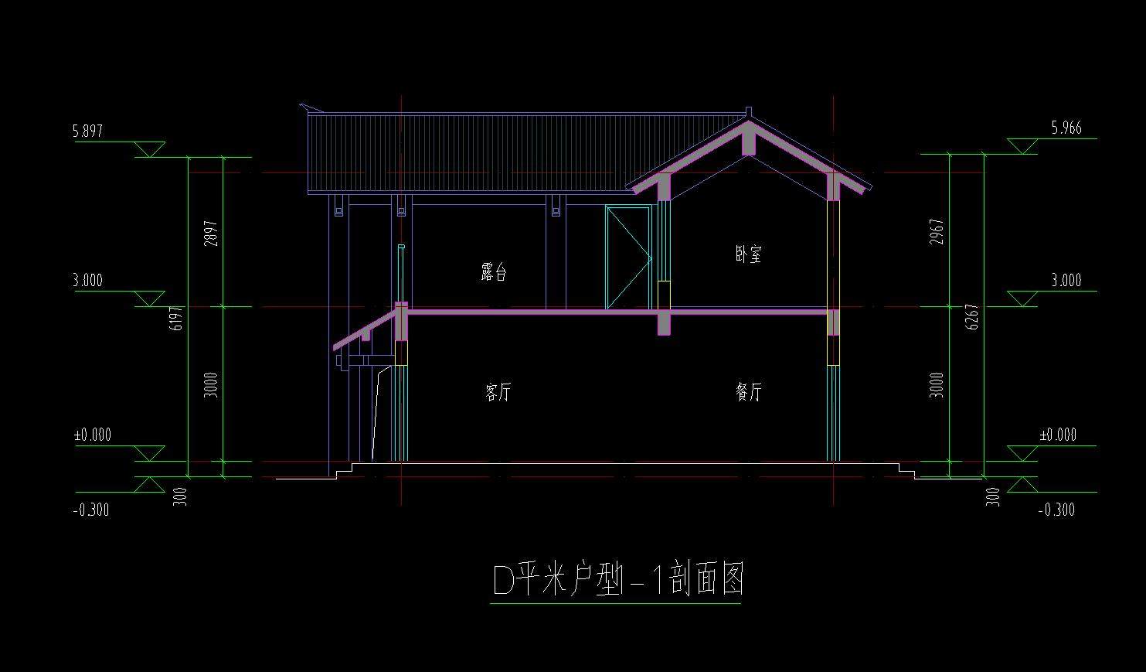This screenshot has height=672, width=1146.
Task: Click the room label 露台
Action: [x=494, y=271]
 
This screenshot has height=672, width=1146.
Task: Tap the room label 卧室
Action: [x=749, y=254]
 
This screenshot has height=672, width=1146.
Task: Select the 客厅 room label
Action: [x=498, y=392]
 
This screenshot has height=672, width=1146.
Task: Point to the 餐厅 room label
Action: [x=749, y=392]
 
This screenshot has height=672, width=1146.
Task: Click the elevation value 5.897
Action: [x=87, y=131]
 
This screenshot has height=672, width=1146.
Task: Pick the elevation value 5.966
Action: [x=1066, y=128]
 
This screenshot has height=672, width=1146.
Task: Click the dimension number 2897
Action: [x=211, y=234]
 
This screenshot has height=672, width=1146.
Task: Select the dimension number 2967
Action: [x=937, y=232]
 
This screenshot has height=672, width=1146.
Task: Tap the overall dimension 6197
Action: [x=175, y=319]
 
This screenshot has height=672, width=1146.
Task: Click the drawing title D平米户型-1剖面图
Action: [x=618, y=579]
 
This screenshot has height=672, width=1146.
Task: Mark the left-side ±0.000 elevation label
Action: [x=93, y=435]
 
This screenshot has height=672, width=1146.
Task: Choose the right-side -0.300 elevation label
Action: [x=1057, y=510]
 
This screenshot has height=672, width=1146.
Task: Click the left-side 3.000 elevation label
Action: [x=87, y=281]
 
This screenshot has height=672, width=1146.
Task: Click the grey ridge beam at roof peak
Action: [x=749, y=138]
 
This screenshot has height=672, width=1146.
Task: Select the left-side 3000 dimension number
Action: [x=211, y=385]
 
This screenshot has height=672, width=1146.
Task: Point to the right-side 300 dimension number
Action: [x=992, y=496]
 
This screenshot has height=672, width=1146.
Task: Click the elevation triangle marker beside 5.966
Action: [x=1022, y=146]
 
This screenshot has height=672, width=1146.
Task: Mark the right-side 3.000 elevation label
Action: [x=1066, y=281]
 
